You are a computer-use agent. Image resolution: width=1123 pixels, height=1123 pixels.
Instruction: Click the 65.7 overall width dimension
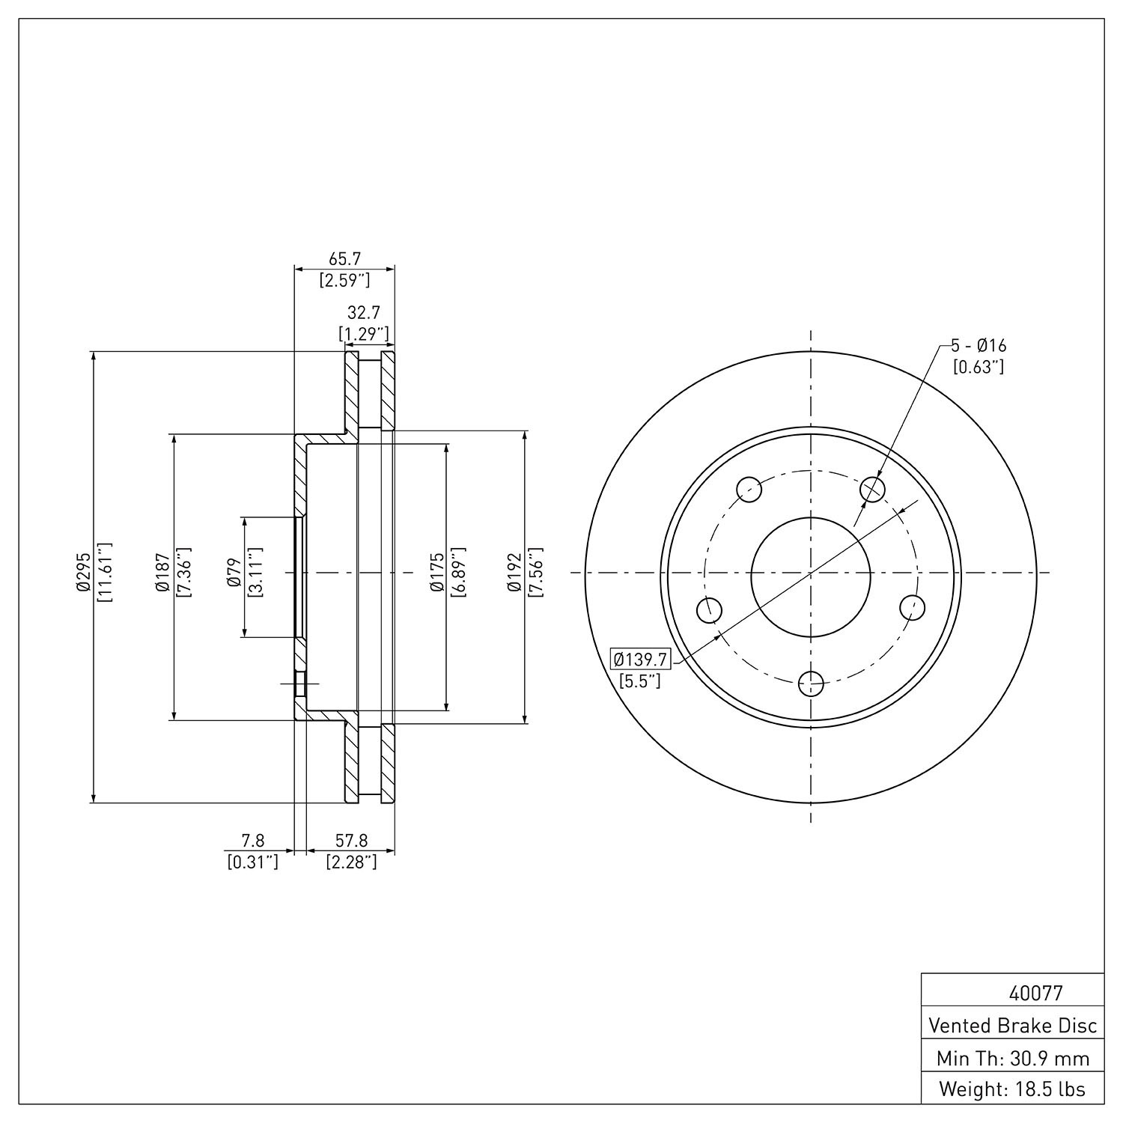[x=345, y=259]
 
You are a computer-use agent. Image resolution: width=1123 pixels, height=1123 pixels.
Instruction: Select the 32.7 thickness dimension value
[x=364, y=313]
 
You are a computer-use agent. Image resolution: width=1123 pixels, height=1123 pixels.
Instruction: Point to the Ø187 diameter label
[x=163, y=573]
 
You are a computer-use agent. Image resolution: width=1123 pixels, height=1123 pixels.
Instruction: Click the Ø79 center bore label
[x=234, y=572]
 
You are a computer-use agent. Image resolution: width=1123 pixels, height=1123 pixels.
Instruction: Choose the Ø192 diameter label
[x=514, y=573]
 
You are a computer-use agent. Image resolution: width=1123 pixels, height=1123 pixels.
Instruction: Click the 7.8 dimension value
[x=253, y=842]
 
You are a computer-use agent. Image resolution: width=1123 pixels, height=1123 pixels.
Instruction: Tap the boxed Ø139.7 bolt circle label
[x=641, y=660]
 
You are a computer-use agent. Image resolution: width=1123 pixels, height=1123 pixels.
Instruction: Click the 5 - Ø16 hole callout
[x=979, y=346]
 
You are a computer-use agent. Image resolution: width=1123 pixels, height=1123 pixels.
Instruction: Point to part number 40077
[x=1035, y=993]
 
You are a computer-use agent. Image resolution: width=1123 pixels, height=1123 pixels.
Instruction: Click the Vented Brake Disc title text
[x=1013, y=1025]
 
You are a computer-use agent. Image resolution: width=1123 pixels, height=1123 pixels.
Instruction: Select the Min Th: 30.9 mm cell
[x=1013, y=1059]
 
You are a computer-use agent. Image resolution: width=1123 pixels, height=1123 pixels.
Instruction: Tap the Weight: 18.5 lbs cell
[x=1013, y=1089]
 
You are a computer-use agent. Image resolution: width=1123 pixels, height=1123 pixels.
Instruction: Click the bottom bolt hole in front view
[x=811, y=683]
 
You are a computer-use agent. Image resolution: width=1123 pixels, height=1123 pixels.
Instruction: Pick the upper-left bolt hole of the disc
[x=749, y=490]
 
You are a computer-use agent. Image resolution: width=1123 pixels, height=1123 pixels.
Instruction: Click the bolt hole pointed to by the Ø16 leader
[x=873, y=490]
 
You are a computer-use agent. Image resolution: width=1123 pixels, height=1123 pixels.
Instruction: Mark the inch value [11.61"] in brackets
[x=104, y=573]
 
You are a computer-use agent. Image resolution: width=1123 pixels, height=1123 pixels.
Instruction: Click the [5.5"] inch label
[x=640, y=681]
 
